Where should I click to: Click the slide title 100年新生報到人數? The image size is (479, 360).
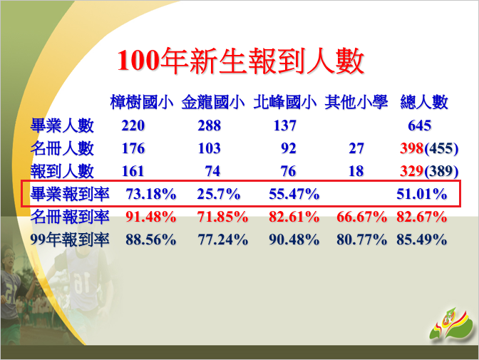tap(241, 61)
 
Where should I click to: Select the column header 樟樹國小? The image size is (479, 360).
tap(142, 102)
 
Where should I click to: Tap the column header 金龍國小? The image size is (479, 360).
tap(213, 102)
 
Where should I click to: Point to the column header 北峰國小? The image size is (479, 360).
tap(284, 102)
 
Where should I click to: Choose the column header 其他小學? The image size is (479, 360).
tap(356, 102)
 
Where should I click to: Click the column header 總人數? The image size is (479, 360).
tap(424, 102)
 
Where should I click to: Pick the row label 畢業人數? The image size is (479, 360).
tap(62, 125)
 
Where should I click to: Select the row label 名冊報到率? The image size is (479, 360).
tap(70, 217)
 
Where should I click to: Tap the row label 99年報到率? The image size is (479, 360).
tap(70, 240)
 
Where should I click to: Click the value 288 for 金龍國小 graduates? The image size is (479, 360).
tap(210, 125)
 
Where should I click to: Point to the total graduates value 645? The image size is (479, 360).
tap(420, 125)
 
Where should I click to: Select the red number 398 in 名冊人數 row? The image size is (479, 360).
tap(412, 148)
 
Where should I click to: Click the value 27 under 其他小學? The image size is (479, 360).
tap(356, 148)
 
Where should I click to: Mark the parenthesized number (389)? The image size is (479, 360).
tap(441, 171)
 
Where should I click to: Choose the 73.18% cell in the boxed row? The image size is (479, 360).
tap(151, 194)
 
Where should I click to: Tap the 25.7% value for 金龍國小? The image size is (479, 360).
tap(219, 194)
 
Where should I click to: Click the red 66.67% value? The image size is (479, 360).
tap(361, 217)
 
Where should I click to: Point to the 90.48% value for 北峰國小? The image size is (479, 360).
tap(294, 240)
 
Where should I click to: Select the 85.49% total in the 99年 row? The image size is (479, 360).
tap(422, 240)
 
